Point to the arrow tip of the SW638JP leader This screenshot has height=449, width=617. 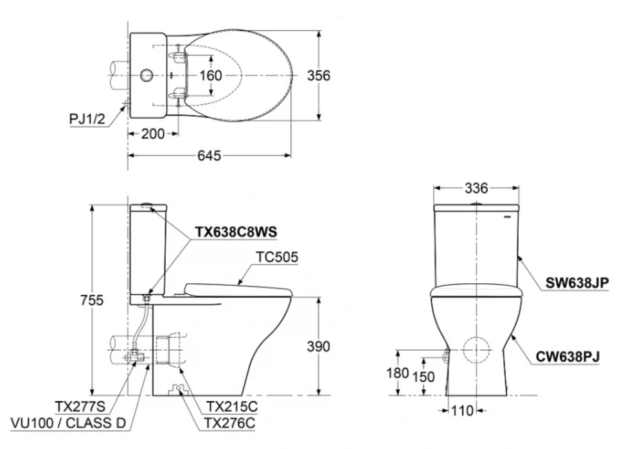[x=519, y=256]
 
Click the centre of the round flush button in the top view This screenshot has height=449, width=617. [x=147, y=75]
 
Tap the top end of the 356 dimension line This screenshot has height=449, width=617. [x=319, y=30]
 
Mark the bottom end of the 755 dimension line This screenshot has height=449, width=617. [x=93, y=395]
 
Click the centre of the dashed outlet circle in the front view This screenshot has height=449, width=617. [x=476, y=350]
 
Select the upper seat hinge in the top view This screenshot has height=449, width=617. [x=177, y=56]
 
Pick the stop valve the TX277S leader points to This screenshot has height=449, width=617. [x=134, y=357]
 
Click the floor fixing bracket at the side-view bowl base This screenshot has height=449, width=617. [x=178, y=389]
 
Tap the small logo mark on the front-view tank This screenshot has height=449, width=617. [x=507, y=216]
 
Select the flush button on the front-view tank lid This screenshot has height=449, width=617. [x=476, y=204]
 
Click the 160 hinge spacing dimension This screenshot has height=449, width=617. [x=211, y=75]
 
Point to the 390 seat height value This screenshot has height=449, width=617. [x=319, y=346]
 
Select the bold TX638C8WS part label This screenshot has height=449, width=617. [x=236, y=232]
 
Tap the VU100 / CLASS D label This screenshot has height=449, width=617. [x=69, y=423]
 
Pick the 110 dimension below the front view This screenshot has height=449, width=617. [x=462, y=411]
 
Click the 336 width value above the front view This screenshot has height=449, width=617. [x=476, y=188]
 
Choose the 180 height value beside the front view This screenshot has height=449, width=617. [x=398, y=373]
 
